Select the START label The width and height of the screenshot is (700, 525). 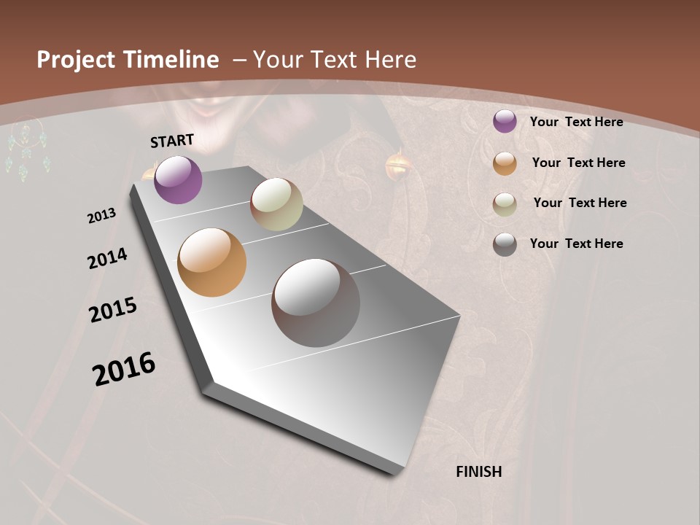click(172, 141)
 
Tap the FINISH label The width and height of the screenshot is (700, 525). click(479, 472)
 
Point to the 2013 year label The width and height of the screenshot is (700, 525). click(102, 216)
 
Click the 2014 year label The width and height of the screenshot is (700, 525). click(108, 258)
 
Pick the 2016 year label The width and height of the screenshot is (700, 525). click(124, 369)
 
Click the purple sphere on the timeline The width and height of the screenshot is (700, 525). click(179, 180)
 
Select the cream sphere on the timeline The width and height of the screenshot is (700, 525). click(276, 204)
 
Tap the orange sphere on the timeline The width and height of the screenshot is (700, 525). click(211, 262)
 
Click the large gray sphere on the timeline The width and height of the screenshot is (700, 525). click(316, 303)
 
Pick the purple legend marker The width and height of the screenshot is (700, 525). click(505, 122)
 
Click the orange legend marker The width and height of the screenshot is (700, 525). click(505, 163)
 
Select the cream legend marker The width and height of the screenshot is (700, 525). click(505, 204)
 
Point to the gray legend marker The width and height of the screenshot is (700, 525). click(505, 244)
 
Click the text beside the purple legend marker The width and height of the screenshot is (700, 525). click(576, 122)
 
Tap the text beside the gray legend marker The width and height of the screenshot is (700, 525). click(576, 244)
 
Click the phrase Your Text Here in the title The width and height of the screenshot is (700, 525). click(334, 60)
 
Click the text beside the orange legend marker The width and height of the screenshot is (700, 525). click(578, 163)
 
